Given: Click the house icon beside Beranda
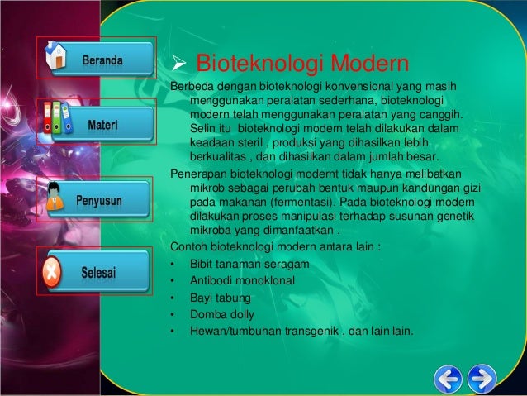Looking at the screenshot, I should (57, 59).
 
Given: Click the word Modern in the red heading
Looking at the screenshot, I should (370, 64).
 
